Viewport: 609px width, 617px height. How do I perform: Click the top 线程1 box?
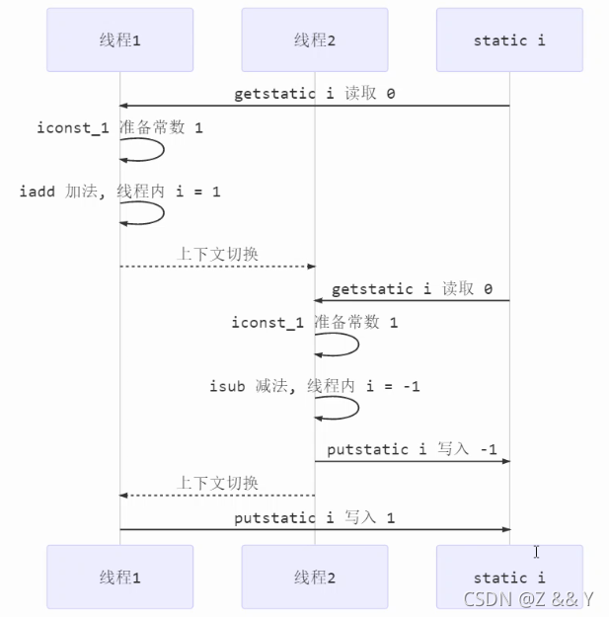pyautogui.click(x=119, y=40)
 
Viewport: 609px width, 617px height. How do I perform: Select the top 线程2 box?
pyautogui.click(x=315, y=40)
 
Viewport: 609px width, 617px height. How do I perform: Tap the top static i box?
pyautogui.click(x=509, y=40)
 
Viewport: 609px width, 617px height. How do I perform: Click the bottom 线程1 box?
pyautogui.click(x=119, y=577)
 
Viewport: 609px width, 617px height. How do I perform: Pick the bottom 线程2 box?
pyautogui.click(x=315, y=577)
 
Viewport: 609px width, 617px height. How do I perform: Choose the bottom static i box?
pyautogui.click(x=509, y=577)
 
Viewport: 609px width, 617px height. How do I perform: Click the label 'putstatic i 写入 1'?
pyautogui.click(x=314, y=517)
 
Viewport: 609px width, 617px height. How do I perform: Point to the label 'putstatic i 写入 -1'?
pyautogui.click(x=412, y=449)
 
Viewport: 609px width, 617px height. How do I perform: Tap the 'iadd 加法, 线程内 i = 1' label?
pyautogui.click(x=119, y=192)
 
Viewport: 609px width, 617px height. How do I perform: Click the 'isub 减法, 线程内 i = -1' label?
pyautogui.click(x=315, y=386)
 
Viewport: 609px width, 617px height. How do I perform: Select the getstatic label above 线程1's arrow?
pyautogui.click(x=314, y=95)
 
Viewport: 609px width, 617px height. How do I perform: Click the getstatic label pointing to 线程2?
pyautogui.click(x=412, y=289)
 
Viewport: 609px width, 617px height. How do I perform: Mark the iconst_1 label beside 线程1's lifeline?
pyautogui.click(x=119, y=128)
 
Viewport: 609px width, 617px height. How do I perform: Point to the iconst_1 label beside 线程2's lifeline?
pyautogui.click(x=315, y=323)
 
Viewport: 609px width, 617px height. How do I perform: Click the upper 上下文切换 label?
pyautogui.click(x=217, y=255)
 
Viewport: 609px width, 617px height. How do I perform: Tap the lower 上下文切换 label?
pyautogui.click(x=217, y=483)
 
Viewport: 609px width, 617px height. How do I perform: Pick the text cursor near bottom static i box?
pyautogui.click(x=536, y=552)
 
